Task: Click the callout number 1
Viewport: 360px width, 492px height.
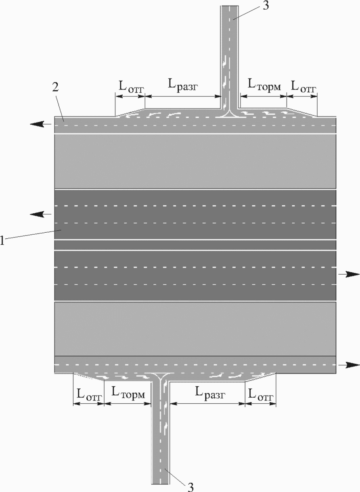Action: tap(3, 240)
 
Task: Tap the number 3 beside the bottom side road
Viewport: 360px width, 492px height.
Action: tap(191, 485)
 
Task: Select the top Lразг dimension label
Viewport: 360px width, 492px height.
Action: tap(184, 86)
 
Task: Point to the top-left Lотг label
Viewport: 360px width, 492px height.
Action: tap(131, 86)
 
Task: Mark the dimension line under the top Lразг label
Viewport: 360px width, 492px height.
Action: tap(183, 96)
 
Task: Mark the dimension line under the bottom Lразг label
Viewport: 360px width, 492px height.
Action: tap(207, 403)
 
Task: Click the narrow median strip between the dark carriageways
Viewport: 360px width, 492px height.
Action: tap(195, 245)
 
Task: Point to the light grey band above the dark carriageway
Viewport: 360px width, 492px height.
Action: tap(195, 161)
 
